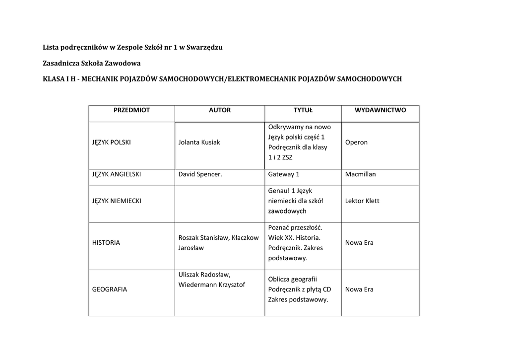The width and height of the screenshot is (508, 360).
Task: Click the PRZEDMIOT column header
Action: [x=131, y=110]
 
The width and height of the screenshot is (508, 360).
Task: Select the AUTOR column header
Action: [x=220, y=110]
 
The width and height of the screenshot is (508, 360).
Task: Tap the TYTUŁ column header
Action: [x=303, y=110]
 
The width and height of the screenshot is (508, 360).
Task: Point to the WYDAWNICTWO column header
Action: [x=380, y=110]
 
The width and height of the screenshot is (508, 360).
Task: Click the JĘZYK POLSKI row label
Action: [x=112, y=142]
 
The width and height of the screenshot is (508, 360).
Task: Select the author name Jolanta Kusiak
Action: [x=199, y=142]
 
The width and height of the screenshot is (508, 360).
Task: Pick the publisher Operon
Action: [x=356, y=142]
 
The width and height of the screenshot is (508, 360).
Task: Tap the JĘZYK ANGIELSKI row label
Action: [x=117, y=174]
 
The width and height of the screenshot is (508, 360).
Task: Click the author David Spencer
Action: [x=200, y=174]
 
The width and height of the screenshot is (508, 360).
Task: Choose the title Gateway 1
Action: [x=284, y=174]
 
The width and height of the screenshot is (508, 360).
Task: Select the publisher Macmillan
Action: [x=361, y=174]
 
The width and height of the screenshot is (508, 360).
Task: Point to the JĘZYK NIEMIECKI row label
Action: [x=117, y=201]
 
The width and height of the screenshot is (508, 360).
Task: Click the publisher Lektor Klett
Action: [x=362, y=201]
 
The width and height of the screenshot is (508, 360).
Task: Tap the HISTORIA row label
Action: [x=106, y=243]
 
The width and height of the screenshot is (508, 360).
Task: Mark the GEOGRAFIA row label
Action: [x=110, y=289]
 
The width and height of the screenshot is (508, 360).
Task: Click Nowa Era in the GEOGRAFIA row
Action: [x=359, y=289]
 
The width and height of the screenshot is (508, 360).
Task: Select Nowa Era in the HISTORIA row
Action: [x=359, y=243]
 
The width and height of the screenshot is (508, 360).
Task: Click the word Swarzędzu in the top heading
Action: [x=204, y=48]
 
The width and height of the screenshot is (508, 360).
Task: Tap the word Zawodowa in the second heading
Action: [x=123, y=63]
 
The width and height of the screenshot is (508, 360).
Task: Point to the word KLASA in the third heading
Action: [x=54, y=79]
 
